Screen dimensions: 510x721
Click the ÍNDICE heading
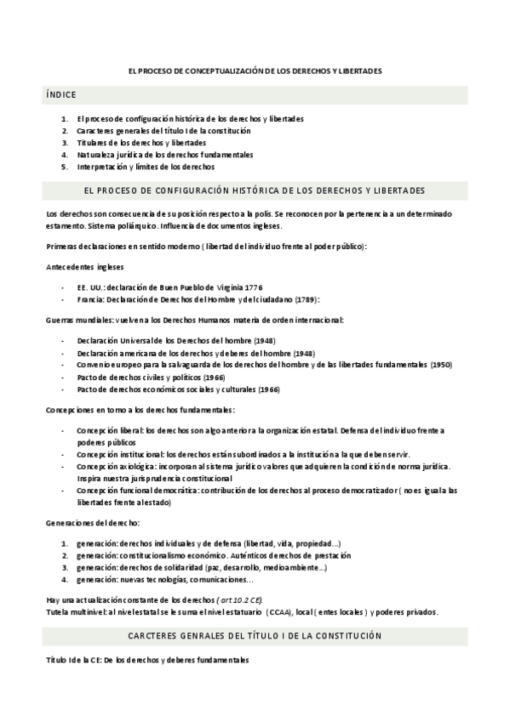pos(62,96)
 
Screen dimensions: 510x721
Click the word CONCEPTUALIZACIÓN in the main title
pos(223,71)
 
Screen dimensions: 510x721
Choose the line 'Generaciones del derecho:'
pos(93,522)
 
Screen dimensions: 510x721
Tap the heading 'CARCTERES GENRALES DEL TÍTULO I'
pos(255,635)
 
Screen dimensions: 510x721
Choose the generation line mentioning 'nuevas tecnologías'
pos(163,579)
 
